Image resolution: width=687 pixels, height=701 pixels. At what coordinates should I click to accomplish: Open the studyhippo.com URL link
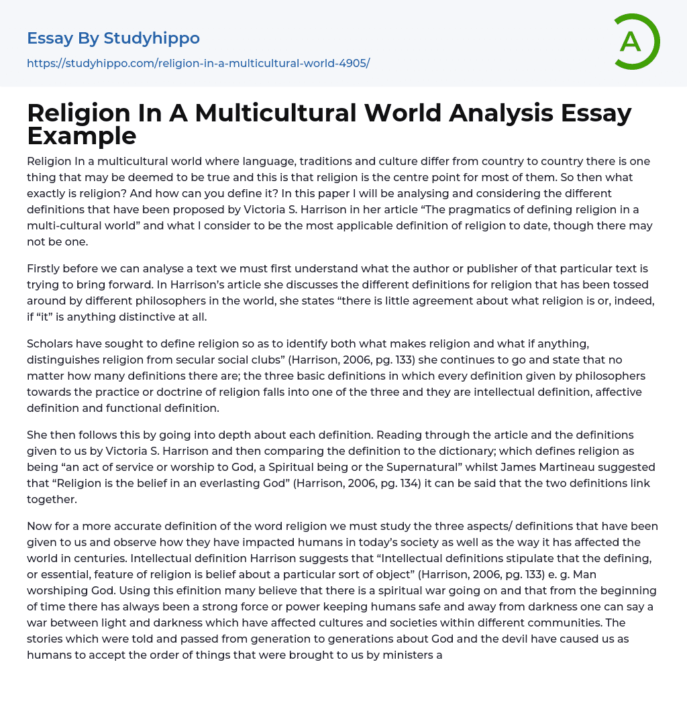pyautogui.click(x=199, y=63)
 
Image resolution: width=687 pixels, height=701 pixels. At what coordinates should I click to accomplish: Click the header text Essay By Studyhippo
pyautogui.click(x=113, y=38)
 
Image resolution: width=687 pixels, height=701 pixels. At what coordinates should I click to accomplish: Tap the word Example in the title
pyautogui.click(x=82, y=136)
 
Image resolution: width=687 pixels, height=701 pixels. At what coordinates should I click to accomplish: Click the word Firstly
pyautogui.click(x=46, y=268)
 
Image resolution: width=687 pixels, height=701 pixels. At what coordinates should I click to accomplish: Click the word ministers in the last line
pyautogui.click(x=405, y=655)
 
